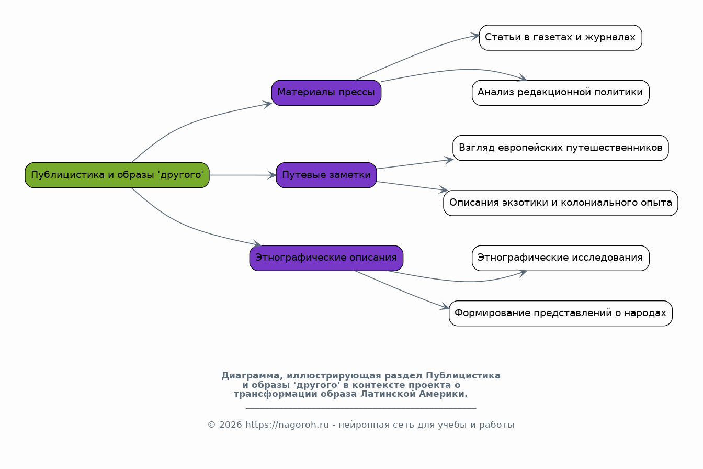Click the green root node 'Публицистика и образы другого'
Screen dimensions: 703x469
[117, 175]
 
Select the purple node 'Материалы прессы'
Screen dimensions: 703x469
[326, 93]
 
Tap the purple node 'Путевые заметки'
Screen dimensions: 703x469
[326, 175]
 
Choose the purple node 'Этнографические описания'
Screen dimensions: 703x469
[326, 258]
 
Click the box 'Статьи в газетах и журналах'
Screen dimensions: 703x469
[561, 37]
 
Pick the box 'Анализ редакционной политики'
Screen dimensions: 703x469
[561, 93]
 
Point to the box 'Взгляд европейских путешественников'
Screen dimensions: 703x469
[561, 148]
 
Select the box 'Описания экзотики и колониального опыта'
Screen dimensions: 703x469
[561, 203]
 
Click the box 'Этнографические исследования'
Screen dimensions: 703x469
[561, 258]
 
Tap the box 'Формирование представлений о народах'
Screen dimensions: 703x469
[561, 313]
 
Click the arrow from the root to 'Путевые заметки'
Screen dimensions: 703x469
[243, 175]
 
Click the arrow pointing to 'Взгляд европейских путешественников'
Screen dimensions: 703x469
[415, 164]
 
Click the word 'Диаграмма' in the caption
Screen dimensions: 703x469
[250, 376]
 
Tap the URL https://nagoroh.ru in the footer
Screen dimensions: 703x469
[287, 425]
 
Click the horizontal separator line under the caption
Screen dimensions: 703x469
[361, 408]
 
